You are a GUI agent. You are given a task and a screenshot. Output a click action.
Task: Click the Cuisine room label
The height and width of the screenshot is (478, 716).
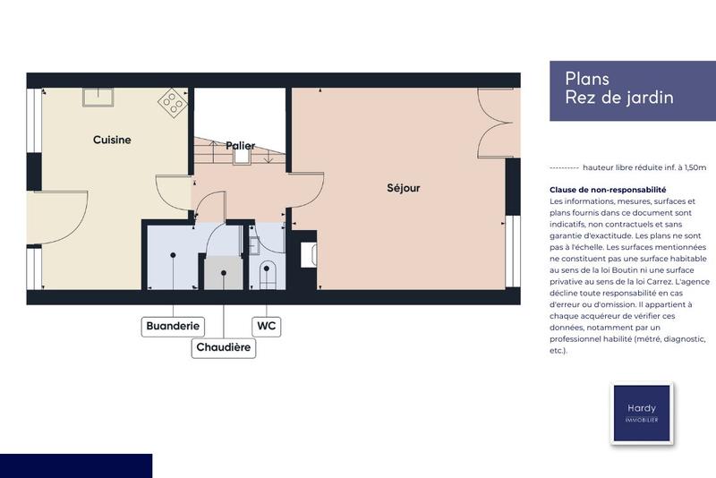(112, 140)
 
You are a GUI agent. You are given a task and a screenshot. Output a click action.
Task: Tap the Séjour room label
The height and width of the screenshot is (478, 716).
(403, 188)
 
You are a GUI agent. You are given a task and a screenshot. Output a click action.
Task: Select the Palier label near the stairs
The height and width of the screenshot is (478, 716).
(240, 145)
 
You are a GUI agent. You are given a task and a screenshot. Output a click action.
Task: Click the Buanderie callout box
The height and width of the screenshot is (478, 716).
(173, 326)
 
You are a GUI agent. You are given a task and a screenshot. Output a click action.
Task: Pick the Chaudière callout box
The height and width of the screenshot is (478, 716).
(224, 347)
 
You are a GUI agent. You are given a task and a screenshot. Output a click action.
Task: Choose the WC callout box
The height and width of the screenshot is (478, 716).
(267, 326)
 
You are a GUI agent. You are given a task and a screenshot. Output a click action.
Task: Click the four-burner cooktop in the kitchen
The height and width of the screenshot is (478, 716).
(172, 104)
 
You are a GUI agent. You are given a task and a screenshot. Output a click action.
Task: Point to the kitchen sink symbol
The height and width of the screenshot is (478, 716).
(97, 96)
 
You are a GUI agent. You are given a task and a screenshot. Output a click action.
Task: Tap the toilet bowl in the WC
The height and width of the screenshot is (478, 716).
(267, 272)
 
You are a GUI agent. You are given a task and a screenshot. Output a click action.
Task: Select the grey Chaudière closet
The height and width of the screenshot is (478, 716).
(221, 272)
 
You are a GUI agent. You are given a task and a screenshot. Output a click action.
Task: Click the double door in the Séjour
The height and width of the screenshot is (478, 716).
(499, 125)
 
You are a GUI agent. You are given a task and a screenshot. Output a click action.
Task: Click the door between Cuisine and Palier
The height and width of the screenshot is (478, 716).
(174, 193)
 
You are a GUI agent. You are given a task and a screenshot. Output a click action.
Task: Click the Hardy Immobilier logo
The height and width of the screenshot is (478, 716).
(641, 413)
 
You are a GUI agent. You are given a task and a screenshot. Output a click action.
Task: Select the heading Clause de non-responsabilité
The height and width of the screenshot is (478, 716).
(608, 190)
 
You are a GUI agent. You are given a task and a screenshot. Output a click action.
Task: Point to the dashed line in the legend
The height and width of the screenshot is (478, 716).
(563, 167)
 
